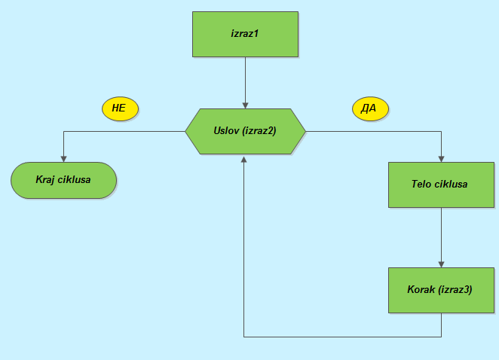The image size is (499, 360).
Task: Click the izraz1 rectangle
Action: point(246,35)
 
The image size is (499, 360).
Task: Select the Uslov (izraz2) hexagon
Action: point(246,131)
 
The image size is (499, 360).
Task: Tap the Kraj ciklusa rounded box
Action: point(63,180)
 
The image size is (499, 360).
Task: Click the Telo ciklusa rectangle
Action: point(441,185)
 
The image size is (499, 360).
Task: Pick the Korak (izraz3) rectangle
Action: point(441,289)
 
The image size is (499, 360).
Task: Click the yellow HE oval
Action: point(119,108)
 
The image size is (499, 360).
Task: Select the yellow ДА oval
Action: point(369,108)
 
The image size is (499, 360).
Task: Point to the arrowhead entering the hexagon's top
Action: point(246,105)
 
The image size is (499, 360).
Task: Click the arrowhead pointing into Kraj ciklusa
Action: point(63,158)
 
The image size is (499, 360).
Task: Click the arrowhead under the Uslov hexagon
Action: point(244,159)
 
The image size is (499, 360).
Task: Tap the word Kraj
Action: point(47,180)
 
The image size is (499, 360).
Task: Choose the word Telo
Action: point(422,184)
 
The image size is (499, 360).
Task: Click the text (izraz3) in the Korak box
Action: point(455,289)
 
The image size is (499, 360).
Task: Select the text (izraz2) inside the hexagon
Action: point(260,130)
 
